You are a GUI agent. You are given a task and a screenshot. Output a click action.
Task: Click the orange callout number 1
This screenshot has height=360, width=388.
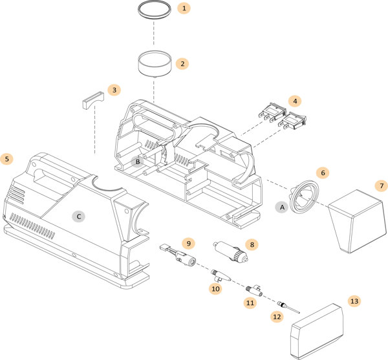click(185, 8)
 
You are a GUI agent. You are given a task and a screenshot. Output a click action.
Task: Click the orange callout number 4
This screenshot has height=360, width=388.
click(295, 101)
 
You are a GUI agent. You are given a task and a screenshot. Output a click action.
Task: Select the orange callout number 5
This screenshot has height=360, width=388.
click(7, 158)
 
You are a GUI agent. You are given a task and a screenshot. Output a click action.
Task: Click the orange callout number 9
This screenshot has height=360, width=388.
click(189, 243)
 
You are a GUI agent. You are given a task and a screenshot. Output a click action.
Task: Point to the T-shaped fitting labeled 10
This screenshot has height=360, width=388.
click(221, 275)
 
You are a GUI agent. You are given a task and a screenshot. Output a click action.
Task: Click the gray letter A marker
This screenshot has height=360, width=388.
click(281, 207)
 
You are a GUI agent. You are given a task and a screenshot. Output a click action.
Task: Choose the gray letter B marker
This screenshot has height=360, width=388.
click(136, 162)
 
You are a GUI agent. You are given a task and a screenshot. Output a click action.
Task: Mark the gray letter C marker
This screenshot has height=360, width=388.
click(78, 217)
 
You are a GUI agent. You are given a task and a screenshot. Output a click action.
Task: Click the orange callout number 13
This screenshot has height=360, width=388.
click(354, 301)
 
